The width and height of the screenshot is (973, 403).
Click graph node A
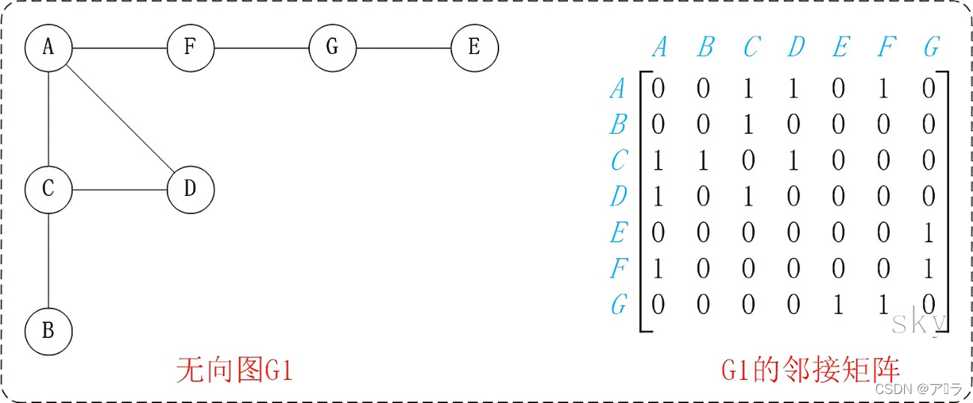click(48, 48)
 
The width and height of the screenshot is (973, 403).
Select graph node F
click(190, 48)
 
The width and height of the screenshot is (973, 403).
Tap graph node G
click(332, 48)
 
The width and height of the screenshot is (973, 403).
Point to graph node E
click(474, 48)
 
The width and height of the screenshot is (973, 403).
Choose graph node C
click(48, 189)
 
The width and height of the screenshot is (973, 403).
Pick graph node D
click(190, 189)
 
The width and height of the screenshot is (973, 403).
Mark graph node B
click(48, 330)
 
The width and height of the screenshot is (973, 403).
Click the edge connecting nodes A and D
click(119, 118)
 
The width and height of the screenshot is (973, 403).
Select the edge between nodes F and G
click(261, 48)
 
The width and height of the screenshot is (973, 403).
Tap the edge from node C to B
click(48, 260)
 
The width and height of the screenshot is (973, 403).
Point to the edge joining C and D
click(119, 189)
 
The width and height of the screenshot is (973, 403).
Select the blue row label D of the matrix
click(617, 197)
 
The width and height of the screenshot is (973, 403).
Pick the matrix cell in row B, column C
click(748, 125)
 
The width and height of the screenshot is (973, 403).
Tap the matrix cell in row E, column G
click(929, 233)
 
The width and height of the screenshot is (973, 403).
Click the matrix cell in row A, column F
click(884, 89)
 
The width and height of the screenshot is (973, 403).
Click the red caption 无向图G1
click(233, 370)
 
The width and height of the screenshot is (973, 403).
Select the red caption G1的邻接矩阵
click(810, 370)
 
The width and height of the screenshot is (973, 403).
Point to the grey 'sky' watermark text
click(919, 322)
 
